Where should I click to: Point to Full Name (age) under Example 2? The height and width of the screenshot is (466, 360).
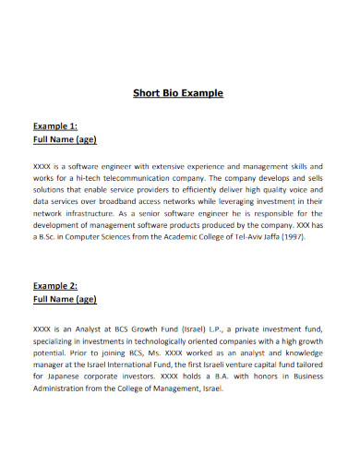coord(66,301)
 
